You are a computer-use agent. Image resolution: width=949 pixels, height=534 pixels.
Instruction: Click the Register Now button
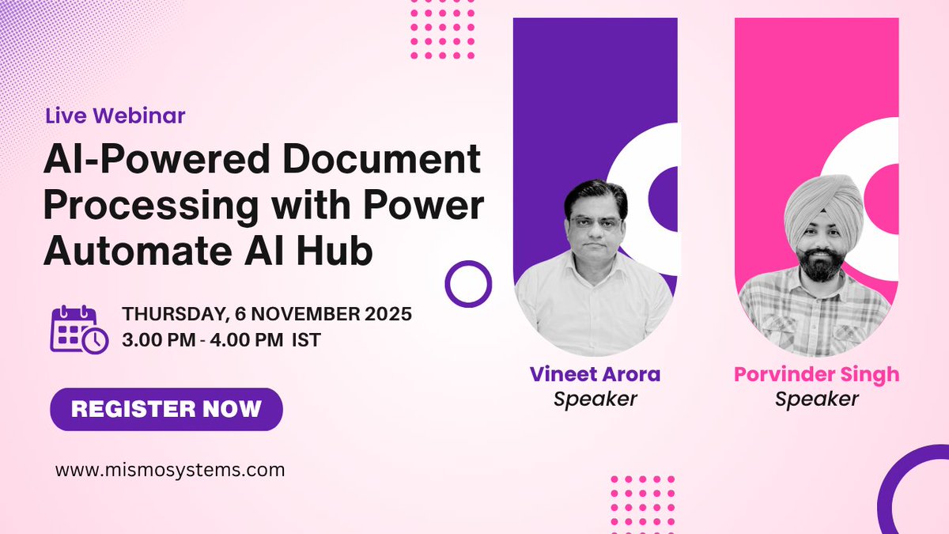[x=166, y=409]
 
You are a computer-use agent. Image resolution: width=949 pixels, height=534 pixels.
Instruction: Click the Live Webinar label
[x=115, y=116]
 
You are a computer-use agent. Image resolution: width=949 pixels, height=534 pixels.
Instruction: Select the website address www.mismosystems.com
[x=170, y=469]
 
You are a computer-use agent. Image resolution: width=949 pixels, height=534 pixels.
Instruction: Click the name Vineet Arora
[x=595, y=373]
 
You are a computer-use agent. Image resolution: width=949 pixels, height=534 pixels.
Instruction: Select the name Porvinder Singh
[x=817, y=373]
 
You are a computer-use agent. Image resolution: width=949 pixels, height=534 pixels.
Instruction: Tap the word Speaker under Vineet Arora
[x=595, y=399]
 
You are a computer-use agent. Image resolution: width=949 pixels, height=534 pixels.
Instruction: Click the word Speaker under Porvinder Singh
[x=817, y=399]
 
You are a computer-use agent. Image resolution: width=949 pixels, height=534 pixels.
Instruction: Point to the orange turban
[x=823, y=206]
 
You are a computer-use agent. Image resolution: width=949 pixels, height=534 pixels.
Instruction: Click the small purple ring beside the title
[x=468, y=282]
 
